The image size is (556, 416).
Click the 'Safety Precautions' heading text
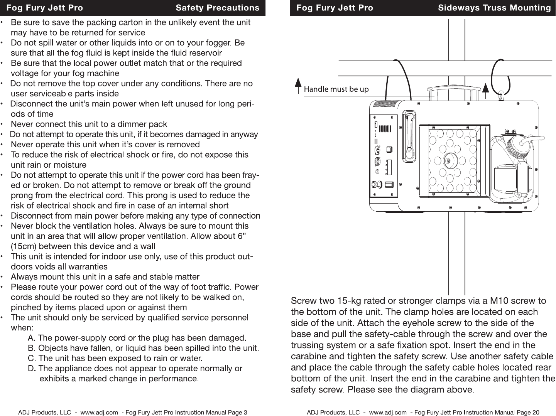217,8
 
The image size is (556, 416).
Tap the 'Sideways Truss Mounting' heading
494,8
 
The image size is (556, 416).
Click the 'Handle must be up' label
336,89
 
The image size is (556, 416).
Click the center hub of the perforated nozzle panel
448,160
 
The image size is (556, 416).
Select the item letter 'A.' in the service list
32,338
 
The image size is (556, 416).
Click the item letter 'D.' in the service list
32,369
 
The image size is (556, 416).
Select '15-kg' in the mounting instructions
348,301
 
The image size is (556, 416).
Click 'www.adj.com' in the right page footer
388,413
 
